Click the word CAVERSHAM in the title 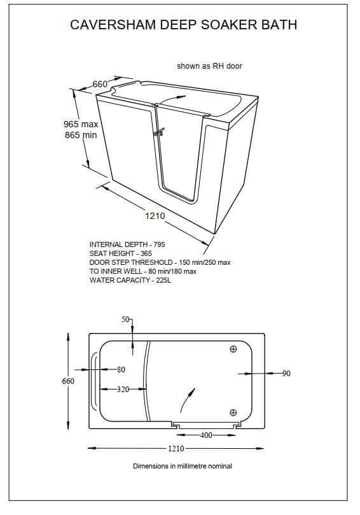click(x=113, y=25)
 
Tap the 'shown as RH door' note click(x=209, y=66)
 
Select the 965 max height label click(x=81, y=124)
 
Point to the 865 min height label click(x=81, y=135)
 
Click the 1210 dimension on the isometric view click(x=155, y=216)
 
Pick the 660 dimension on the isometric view click(x=100, y=84)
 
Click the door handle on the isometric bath click(x=159, y=132)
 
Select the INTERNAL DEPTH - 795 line click(x=127, y=244)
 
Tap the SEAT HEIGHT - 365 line click(x=120, y=253)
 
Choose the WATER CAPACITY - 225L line click(x=130, y=280)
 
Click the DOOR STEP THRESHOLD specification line click(x=160, y=262)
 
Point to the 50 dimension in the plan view click(x=125, y=319)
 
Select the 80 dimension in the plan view click(x=121, y=369)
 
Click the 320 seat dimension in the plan click(x=123, y=389)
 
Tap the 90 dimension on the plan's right click(x=286, y=374)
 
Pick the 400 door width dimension click(x=206, y=435)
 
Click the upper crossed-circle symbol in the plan click(x=233, y=349)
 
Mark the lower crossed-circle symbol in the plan click(x=233, y=413)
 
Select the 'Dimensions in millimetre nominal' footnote click(x=182, y=466)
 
